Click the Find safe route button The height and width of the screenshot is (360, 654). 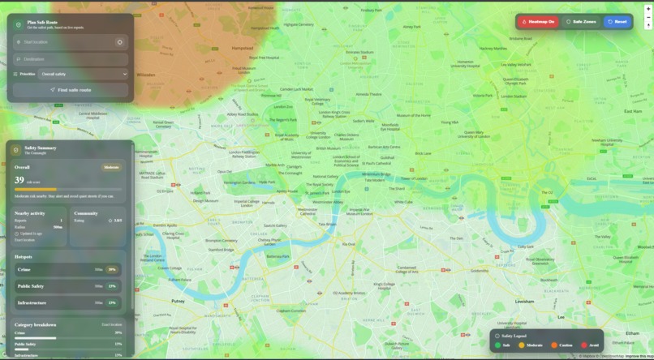[71, 90]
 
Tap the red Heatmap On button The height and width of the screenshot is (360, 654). [538, 22]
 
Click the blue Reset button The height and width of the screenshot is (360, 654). [617, 22]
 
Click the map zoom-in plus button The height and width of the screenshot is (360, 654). [648, 9]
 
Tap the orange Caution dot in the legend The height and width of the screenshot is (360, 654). [554, 345]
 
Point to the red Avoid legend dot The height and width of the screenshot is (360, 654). [584, 345]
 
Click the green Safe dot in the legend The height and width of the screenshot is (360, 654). [498, 345]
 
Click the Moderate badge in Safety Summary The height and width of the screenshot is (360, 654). [111, 167]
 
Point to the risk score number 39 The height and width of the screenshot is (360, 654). [19, 181]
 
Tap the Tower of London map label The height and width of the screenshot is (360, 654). [412, 178]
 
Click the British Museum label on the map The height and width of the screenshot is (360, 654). [329, 148]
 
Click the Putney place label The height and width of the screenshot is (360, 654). [179, 300]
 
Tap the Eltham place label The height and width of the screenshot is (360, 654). [632, 332]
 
